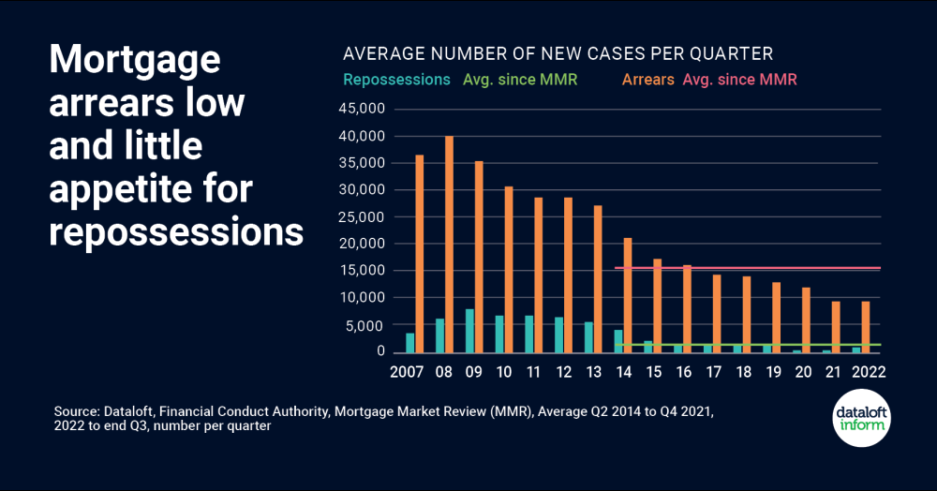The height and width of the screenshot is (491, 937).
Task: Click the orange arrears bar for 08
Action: [x=450, y=244]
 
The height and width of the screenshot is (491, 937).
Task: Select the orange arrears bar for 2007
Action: [x=420, y=253]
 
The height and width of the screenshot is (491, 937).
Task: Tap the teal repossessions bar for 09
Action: [x=469, y=331]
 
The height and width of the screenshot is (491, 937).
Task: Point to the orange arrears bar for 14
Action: [x=628, y=295]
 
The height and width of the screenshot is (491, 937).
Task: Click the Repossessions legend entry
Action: [x=397, y=80]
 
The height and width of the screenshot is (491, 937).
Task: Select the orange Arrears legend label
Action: [x=647, y=80]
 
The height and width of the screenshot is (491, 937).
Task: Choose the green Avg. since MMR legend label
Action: [x=520, y=80]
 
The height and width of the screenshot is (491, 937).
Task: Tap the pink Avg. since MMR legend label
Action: [x=740, y=80]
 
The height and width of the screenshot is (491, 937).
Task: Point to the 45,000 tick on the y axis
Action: [x=362, y=110]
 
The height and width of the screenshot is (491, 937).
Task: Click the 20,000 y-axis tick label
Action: [x=362, y=244]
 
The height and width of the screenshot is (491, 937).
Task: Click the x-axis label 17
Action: [x=713, y=371]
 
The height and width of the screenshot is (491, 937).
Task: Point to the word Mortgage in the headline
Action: [x=134, y=61]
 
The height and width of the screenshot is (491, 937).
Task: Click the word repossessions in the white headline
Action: [x=176, y=231]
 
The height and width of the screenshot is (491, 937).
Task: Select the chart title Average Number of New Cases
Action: [x=558, y=53]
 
